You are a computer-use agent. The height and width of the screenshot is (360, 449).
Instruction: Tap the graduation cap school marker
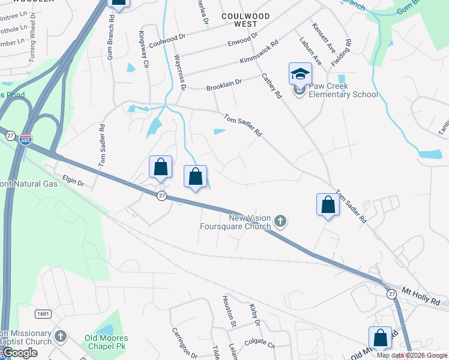pyautogui.click(x=300, y=74)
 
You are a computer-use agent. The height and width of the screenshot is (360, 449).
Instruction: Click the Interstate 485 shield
pyautogui.click(x=25, y=140)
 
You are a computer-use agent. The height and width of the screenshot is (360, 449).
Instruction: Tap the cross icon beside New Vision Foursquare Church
pyautogui.click(x=280, y=223)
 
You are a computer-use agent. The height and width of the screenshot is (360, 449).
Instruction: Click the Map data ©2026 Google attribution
pyautogui.click(x=412, y=355)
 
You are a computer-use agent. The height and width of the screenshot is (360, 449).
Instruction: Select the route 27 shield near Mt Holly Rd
pyautogui.click(x=391, y=294)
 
